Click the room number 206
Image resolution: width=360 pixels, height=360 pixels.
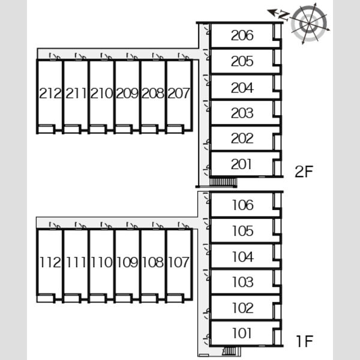[242, 35]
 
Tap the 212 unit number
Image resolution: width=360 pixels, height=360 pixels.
[50, 93]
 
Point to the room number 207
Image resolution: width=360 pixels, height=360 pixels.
[179, 93]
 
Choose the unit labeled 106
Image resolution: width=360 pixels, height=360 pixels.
[243, 205]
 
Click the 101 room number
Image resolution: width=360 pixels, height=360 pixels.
[242, 333]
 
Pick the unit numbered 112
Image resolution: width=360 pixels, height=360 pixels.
[50, 262]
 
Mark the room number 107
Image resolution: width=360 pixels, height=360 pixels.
[179, 262]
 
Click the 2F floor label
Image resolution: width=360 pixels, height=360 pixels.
[304, 171]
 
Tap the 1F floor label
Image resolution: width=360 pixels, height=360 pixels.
[305, 341]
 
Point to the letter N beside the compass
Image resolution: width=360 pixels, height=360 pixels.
[284, 16]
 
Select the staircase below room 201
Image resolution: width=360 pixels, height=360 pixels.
[223, 182]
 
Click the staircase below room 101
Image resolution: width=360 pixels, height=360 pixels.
[230, 351]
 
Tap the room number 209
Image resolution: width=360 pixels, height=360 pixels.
[127, 93]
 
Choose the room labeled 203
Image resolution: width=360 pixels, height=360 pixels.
[242, 113]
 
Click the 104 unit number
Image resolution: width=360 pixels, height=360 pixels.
[243, 256]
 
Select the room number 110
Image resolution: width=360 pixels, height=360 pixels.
[102, 262]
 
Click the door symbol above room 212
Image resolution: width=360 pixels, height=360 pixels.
[55, 56]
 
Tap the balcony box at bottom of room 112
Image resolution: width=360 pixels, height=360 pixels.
[45, 299]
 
